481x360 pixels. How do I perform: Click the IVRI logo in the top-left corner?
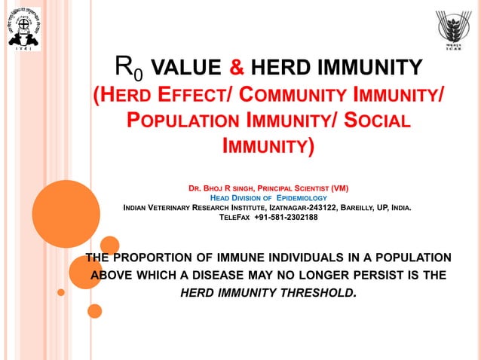coord(23,29)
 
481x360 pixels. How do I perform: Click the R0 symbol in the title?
coord(128,69)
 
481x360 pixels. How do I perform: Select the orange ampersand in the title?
coord(236,69)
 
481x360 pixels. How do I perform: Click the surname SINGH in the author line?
coord(237,188)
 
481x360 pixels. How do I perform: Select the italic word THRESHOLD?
coord(314,292)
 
